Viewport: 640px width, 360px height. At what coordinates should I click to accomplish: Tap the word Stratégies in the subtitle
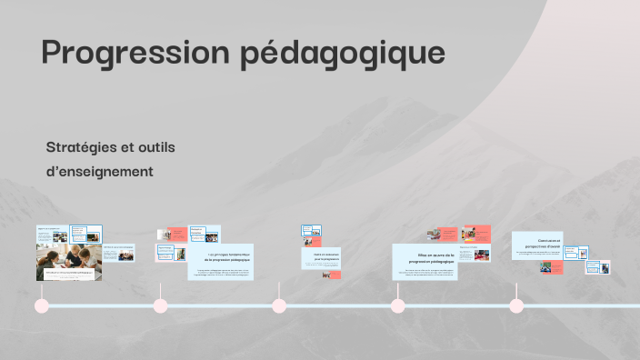coord(83,147)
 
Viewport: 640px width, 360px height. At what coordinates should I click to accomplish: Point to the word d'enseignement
coord(99,171)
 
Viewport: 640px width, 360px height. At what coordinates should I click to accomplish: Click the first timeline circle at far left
coord(41,305)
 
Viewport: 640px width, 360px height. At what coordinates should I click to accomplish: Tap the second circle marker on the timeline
coord(160,305)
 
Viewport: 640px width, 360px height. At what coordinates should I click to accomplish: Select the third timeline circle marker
coord(279,305)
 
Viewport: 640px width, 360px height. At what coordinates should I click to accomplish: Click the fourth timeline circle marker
coord(397,305)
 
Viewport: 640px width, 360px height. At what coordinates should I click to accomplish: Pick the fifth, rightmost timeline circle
coord(516,305)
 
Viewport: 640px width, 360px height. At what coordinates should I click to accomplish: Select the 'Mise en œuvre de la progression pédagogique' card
coord(425,261)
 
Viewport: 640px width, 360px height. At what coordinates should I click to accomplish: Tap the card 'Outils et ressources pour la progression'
coord(322,258)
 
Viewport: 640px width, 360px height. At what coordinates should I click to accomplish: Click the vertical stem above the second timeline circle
coord(160,289)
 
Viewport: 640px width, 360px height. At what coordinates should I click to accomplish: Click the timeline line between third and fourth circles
coord(338,305)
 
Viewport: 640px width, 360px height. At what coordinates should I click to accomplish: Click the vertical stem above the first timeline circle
coord(41,289)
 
